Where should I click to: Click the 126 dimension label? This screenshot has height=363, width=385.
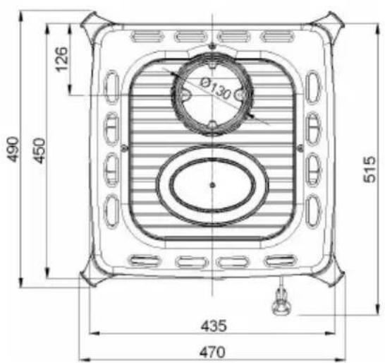pos(61,59)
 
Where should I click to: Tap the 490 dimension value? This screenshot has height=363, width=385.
pos(13,150)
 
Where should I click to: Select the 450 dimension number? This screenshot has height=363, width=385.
pos(39,151)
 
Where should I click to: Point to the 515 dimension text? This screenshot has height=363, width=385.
pos(369,169)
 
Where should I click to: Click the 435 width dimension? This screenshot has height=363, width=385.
pos(214,326)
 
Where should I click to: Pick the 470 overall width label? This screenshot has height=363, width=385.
pos(212,352)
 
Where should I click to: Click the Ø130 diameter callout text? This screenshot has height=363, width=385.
pos(216,88)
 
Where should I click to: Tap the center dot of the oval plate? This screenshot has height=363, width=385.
pos(213,185)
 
